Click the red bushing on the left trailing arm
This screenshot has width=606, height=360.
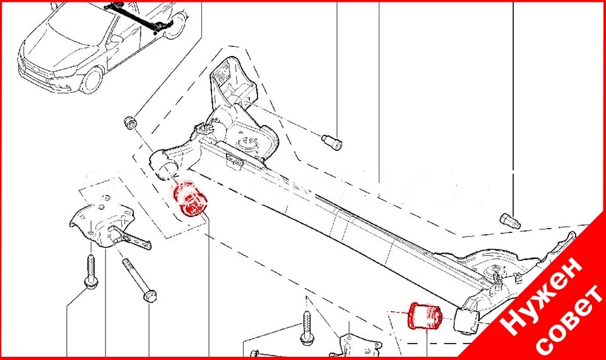tap(191, 201)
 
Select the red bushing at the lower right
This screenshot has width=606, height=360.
tap(425, 316)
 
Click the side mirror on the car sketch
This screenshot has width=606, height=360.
tap(114, 39)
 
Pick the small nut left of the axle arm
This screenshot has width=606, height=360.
tap(129, 121)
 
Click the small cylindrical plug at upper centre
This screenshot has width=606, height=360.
tap(332, 141)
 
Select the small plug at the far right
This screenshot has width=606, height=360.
tap(510, 221)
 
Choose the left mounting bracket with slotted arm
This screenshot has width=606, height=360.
tap(107, 227)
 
